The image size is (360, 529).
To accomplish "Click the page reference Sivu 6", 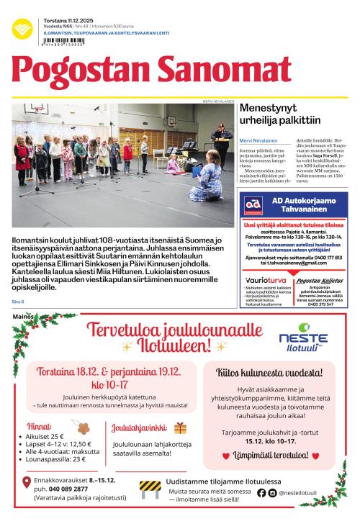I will (18, 301).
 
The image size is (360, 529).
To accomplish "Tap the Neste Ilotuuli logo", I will (303, 335).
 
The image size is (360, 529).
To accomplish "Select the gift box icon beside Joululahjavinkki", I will (180, 428).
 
